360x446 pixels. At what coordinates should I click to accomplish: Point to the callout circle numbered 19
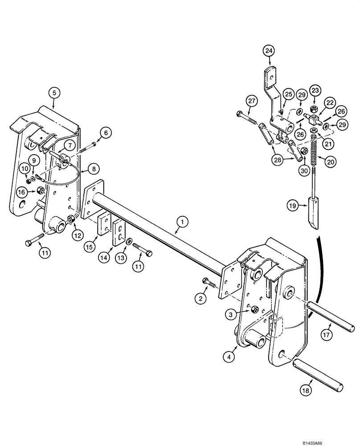[x=291, y=206]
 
